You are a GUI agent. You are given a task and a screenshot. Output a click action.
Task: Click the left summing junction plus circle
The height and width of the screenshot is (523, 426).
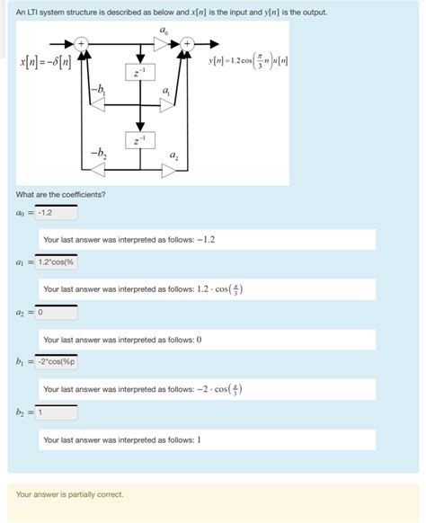pyautogui.click(x=81, y=43)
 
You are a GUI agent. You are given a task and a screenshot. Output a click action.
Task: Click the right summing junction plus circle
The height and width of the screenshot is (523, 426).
pyautogui.click(x=187, y=43)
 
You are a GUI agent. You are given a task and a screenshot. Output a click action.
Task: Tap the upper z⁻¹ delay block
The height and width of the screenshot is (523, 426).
pyautogui.click(x=139, y=72)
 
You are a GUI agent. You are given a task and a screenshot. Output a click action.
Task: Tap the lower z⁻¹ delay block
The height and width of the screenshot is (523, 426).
pyautogui.click(x=139, y=141)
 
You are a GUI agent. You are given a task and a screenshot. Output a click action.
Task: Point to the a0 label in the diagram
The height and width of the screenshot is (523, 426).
pyautogui.click(x=162, y=30)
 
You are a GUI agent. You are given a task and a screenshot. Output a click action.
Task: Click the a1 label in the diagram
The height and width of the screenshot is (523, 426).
pyautogui.click(x=168, y=92)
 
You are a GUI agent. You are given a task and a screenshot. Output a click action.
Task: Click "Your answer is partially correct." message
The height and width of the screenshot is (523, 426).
pyautogui.click(x=69, y=494)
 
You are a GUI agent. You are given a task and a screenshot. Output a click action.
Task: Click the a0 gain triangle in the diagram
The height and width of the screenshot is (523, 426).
pyautogui.click(x=162, y=43)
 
